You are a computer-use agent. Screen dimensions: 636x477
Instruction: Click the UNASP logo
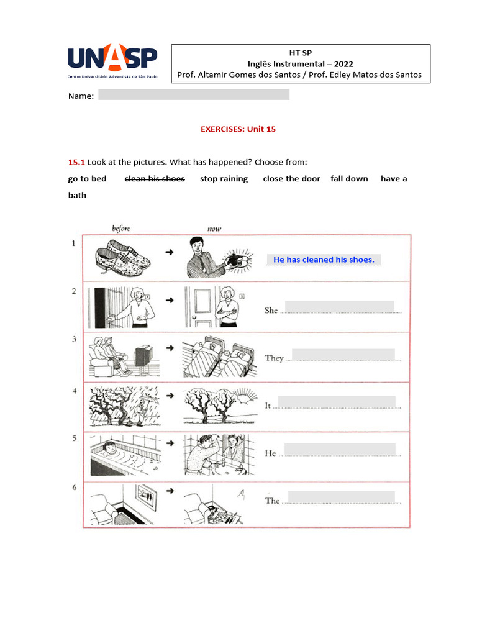click(x=112, y=61)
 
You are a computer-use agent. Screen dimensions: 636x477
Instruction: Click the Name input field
click(x=194, y=95)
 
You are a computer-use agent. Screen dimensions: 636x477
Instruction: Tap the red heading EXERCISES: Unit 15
click(x=238, y=129)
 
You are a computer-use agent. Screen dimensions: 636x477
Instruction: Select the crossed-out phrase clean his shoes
click(x=155, y=179)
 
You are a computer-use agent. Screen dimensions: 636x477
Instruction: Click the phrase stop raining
click(x=224, y=179)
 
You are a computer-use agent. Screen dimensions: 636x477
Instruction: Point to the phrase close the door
click(x=291, y=179)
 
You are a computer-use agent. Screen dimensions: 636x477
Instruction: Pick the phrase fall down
click(x=349, y=179)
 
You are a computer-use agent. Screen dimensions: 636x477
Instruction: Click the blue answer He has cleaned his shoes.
click(x=324, y=260)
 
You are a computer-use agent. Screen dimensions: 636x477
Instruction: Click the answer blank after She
click(x=339, y=307)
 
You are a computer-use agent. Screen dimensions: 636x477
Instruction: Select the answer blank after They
click(x=343, y=354)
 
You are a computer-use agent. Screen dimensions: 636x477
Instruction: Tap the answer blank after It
click(x=337, y=402)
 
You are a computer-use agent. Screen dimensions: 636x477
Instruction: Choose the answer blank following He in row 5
click(x=340, y=449)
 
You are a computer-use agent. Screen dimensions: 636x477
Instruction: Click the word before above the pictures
click(x=120, y=229)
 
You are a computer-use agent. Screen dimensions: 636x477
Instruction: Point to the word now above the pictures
click(x=214, y=229)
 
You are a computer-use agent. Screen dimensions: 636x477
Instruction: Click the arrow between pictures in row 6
click(x=170, y=491)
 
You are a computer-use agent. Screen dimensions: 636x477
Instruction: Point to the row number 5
click(x=74, y=438)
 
